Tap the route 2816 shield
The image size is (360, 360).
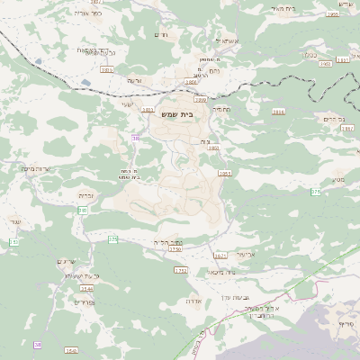(278, 111)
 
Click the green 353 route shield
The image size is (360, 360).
(13, 243)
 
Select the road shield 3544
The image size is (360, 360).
(86, 288)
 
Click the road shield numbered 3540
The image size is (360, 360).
(71, 350)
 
